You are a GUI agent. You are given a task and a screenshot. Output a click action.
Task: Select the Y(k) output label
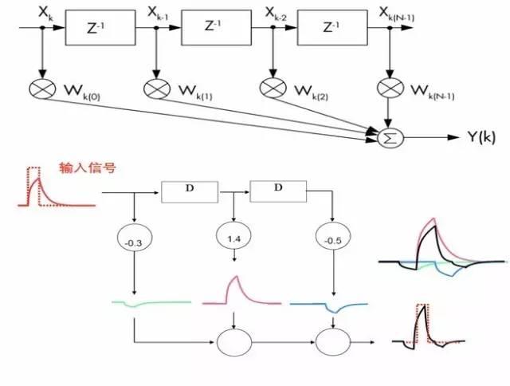(x=481, y=137)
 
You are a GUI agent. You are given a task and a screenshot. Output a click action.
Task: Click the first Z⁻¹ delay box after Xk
(x=100, y=28)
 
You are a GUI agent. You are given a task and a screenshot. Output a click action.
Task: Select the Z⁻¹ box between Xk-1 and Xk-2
(x=216, y=27)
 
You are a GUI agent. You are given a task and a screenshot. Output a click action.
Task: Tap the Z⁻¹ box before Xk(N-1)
(x=332, y=27)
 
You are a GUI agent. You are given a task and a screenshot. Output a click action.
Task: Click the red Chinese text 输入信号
(x=88, y=168)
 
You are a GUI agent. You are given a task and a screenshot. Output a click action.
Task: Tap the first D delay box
(x=190, y=192)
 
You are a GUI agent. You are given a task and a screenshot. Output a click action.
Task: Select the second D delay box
(x=278, y=191)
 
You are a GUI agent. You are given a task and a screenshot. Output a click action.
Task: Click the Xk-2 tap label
(x=276, y=14)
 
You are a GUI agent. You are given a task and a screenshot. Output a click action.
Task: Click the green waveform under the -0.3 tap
(x=151, y=303)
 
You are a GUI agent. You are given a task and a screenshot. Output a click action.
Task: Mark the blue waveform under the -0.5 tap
(x=329, y=306)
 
